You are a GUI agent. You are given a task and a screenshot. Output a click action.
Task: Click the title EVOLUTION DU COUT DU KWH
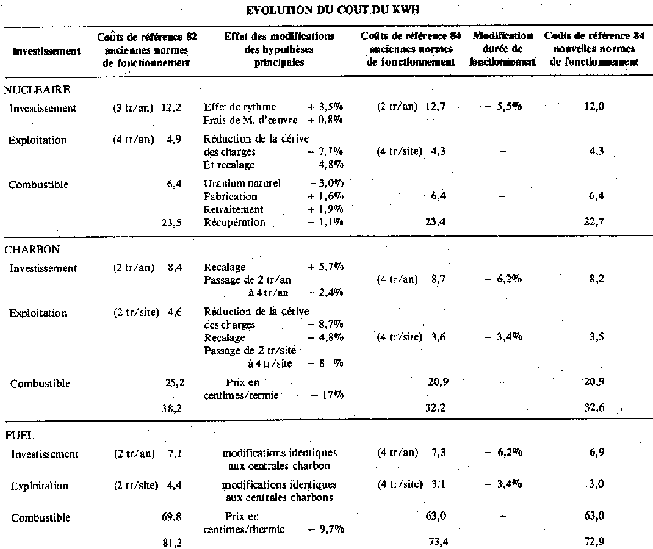pyautogui.click(x=327, y=10)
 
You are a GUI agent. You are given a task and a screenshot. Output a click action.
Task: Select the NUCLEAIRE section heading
pyautogui.click(x=37, y=90)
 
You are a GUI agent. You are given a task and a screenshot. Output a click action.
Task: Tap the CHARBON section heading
pyautogui.click(x=32, y=249)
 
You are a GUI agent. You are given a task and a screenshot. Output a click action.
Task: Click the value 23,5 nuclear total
pyautogui.click(x=171, y=223)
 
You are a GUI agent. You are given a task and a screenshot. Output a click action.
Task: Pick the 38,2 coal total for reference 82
pyautogui.click(x=171, y=409)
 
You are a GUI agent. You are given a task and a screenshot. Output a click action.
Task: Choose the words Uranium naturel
pyautogui.click(x=242, y=184)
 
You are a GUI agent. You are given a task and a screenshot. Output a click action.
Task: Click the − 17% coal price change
pyautogui.click(x=328, y=395)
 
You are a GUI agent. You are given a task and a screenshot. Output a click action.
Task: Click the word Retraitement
pyautogui.click(x=234, y=209)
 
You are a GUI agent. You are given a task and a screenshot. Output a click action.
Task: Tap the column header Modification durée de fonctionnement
pyautogui.click(x=503, y=49)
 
